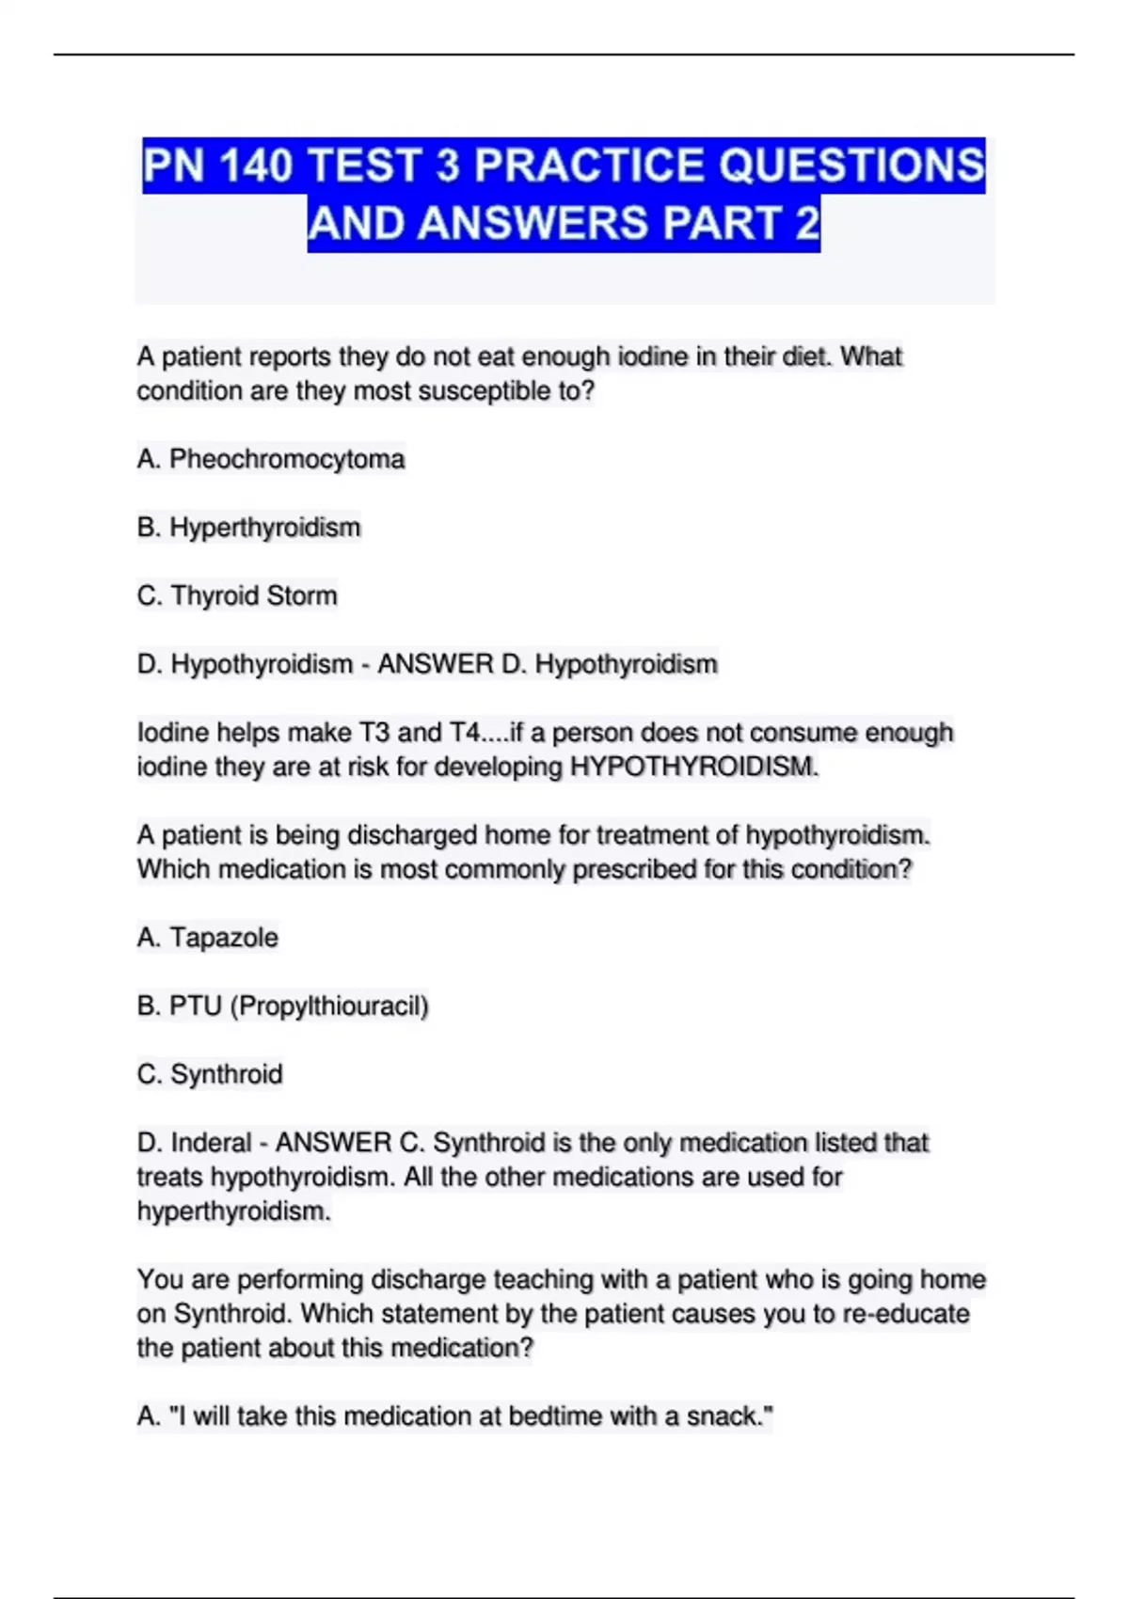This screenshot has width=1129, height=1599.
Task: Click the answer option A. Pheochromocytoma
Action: pos(271,459)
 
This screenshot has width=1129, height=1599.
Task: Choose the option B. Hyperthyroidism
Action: pos(248,528)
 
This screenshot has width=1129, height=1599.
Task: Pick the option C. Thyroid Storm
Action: pos(237,596)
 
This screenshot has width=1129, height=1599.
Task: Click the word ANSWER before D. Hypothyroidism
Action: pos(435,665)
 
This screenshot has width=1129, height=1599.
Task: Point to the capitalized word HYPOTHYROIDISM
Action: pos(692,768)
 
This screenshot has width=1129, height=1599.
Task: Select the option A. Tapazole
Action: pos(208,938)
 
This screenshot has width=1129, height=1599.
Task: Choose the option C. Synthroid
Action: pos(210,1074)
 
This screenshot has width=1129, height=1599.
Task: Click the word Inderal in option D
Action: pos(211,1143)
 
